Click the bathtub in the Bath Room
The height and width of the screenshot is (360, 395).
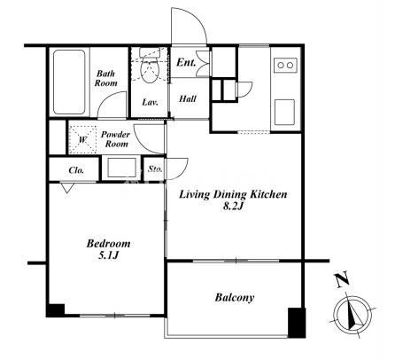coord(69,82)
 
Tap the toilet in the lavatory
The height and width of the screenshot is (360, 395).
coord(150,66)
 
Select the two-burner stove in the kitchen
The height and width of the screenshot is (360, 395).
coord(285,65)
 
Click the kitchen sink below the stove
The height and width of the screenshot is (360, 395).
coord(284,113)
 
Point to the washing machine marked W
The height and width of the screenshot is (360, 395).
coord(82,139)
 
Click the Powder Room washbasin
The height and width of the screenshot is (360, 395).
coord(122,168)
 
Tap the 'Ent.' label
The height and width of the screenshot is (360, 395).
coord(186,63)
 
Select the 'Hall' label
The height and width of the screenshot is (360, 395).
coord(188,98)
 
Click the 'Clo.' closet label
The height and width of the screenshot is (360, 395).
coord(76,170)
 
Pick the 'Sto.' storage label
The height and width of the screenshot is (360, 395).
coord(155,169)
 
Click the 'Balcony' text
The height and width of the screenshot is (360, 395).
coord(235,298)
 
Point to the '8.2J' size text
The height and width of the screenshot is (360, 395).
coord(233,207)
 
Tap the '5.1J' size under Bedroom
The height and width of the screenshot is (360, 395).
coord(108,255)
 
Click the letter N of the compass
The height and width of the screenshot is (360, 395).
coord(342,280)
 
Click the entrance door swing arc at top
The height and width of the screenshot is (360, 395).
coord(197,20)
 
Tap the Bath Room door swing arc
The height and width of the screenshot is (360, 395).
coord(107,98)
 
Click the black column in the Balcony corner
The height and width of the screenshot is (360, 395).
coord(297,323)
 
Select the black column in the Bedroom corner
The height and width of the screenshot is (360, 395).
coord(56,310)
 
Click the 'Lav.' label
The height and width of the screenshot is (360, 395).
coord(151,102)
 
